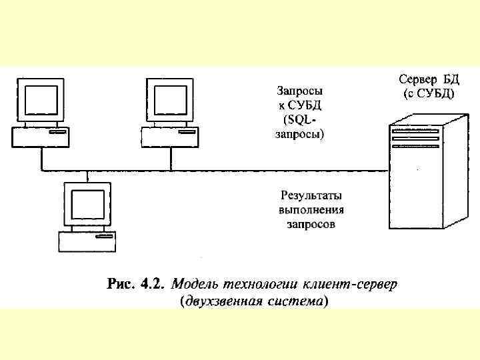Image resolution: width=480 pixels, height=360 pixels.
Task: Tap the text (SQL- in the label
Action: point(299,119)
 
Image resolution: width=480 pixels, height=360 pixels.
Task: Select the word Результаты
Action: point(311,196)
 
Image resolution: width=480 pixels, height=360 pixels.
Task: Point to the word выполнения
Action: point(311,210)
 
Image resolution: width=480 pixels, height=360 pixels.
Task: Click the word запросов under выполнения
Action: point(311,225)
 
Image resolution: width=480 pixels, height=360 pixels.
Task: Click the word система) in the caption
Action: point(295,301)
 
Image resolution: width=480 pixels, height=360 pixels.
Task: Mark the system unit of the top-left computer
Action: point(41,137)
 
